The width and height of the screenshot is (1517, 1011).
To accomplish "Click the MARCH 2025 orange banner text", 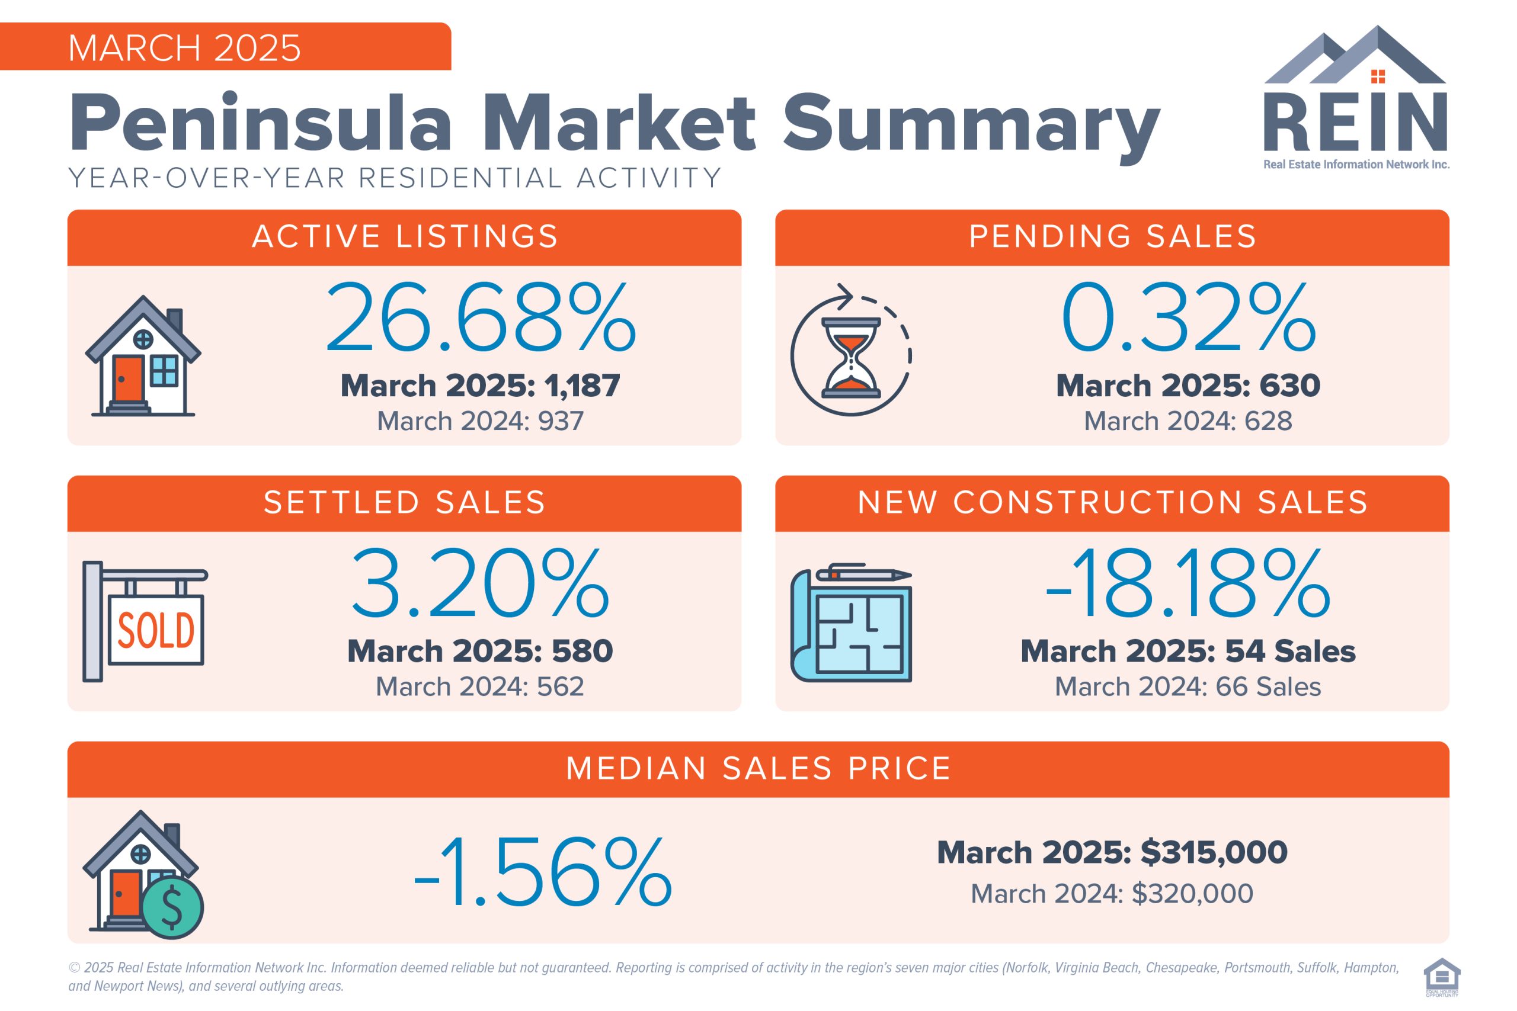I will tap(184, 48).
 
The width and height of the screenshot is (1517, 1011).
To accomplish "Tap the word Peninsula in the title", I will tap(261, 123).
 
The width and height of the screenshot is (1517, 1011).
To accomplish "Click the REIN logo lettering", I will tap(1355, 123).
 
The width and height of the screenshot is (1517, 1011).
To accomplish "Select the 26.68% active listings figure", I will tap(481, 318).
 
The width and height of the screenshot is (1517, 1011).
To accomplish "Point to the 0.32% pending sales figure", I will tap(1188, 318).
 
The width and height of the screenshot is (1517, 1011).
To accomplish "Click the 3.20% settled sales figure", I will tap(480, 583).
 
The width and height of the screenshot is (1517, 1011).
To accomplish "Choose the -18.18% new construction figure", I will tap(1188, 583).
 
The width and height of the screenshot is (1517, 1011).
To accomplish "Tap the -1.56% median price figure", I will tap(542, 872).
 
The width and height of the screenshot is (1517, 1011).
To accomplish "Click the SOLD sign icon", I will tap(155, 630).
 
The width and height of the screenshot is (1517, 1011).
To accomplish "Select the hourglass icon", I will tap(851, 357).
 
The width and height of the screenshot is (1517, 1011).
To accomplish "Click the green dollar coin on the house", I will tap(172, 907).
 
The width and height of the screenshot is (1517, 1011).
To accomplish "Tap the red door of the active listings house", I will tap(129, 378).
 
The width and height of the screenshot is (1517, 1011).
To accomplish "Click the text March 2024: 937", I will tap(480, 421).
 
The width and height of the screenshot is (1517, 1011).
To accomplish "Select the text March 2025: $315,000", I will tap(1112, 852).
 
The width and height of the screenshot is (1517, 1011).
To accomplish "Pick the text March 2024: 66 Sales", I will tap(1188, 686).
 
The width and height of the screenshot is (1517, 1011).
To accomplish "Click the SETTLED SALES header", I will tap(404, 503).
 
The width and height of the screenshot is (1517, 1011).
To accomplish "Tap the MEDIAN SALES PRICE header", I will tap(758, 769).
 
